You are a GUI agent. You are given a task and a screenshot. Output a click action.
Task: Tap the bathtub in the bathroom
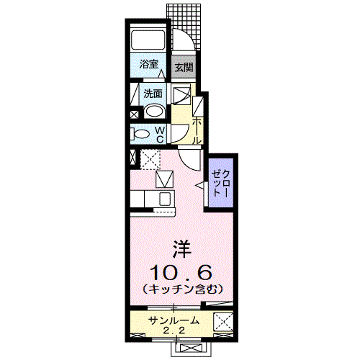150,40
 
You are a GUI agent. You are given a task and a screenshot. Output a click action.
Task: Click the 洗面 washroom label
152,93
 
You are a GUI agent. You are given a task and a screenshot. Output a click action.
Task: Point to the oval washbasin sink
153,111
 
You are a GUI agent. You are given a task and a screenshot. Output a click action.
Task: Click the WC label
160,134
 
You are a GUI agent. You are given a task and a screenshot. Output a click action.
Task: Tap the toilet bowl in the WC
140,133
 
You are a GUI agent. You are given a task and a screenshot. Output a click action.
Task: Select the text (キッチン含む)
179,289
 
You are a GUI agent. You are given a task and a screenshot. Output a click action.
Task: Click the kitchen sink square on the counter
165,198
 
